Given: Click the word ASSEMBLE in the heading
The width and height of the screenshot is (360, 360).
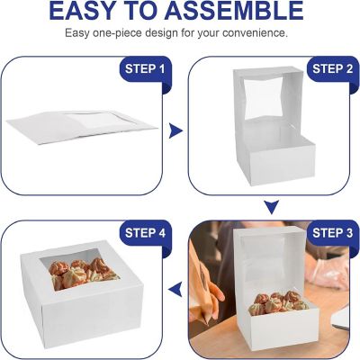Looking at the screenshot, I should click(246, 12).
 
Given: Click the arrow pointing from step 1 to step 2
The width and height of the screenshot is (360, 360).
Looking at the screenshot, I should click(177, 131).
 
